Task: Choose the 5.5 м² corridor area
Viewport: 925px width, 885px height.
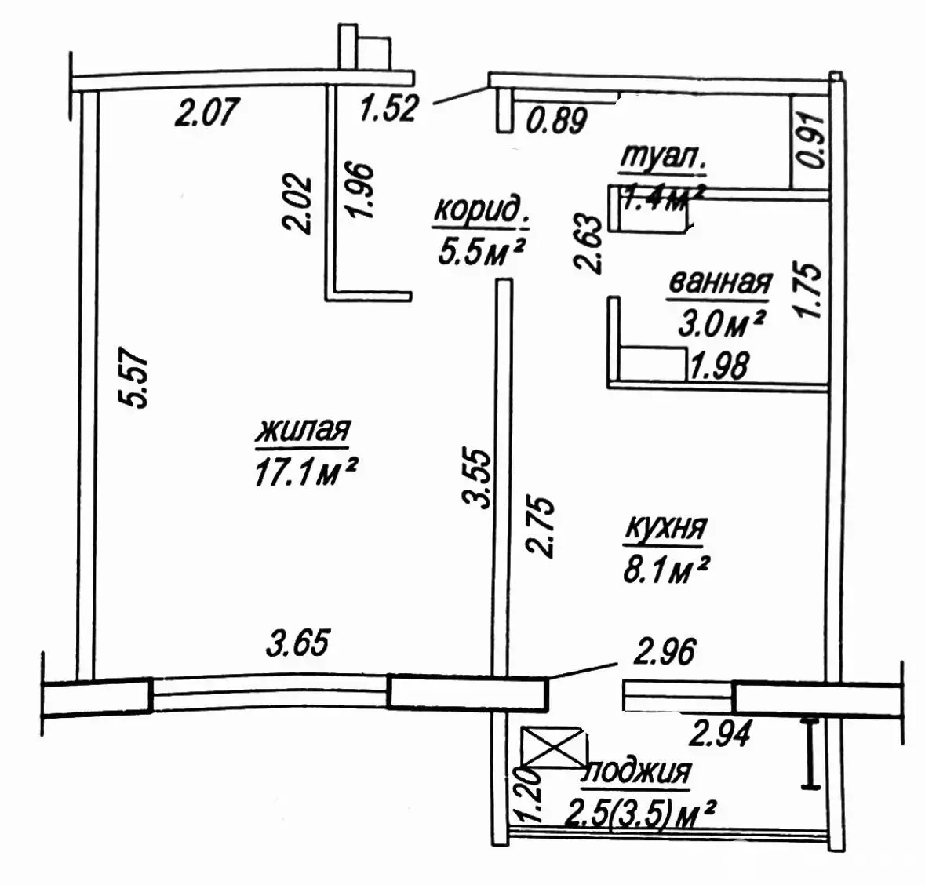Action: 481,252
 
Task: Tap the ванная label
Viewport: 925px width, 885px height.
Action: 719,282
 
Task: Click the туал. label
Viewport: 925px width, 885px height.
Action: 662,158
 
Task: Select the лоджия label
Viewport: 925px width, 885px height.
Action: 636,772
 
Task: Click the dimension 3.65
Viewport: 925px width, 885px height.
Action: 297,642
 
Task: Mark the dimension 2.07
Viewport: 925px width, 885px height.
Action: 206,111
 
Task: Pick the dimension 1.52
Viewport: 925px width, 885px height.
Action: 389,108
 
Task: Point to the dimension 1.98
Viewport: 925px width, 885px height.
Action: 719,366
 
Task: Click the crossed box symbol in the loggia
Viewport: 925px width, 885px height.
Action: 554,746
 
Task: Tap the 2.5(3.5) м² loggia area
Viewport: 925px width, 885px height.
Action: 639,815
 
